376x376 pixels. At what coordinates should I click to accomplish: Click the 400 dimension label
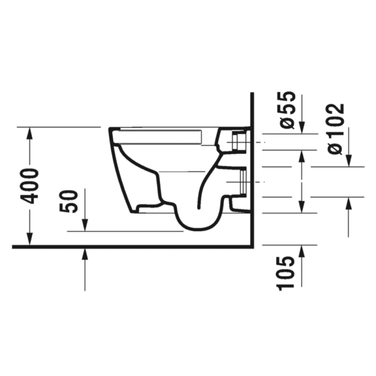29,186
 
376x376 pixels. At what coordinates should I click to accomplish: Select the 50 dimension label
69,201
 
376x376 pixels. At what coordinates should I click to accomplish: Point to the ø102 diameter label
336,129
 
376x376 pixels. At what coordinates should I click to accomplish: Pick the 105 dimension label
285,274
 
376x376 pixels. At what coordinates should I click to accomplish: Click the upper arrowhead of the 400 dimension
30,133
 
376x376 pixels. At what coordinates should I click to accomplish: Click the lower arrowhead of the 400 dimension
30,239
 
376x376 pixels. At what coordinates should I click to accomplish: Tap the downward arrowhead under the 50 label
85,225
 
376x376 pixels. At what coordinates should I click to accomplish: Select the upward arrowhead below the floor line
85,255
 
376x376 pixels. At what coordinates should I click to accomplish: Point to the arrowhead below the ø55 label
302,127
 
